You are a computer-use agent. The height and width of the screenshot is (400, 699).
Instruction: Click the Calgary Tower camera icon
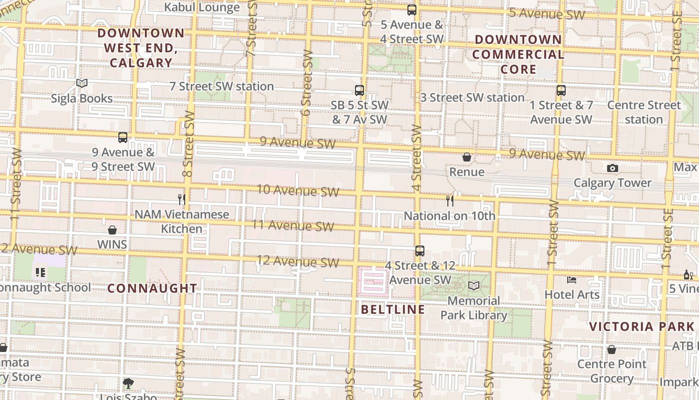[x=613, y=168]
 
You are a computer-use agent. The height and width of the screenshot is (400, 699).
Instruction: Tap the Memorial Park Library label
[x=473, y=307]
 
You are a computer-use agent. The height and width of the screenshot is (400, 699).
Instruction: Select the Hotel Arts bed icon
[x=572, y=280]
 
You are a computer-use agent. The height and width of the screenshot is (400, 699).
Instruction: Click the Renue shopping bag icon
[x=467, y=157]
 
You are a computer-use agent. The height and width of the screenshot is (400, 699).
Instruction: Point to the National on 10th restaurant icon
[x=450, y=201]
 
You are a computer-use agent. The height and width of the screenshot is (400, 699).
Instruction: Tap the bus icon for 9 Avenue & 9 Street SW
[x=123, y=137]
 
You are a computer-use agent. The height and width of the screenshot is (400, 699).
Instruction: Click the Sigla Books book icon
[x=82, y=83]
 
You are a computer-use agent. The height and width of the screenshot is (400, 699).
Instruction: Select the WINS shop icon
[x=112, y=229]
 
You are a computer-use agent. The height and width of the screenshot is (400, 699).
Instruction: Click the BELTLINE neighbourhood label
[x=393, y=309]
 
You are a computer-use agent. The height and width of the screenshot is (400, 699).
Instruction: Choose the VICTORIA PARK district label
[x=641, y=327]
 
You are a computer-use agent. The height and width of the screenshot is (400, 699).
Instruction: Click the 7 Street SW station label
[x=222, y=86]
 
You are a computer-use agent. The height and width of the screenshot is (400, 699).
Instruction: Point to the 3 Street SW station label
[x=472, y=97]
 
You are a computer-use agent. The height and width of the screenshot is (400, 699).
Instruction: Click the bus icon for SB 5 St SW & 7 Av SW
[x=359, y=90]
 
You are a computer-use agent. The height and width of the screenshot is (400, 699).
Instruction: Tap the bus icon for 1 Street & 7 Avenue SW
[x=561, y=90]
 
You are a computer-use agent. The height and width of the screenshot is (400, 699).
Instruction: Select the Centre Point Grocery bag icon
[x=612, y=349]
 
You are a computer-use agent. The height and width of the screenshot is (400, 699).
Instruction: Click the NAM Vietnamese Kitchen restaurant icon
[x=182, y=199]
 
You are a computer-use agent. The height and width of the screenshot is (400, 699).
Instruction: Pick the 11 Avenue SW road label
[x=293, y=225]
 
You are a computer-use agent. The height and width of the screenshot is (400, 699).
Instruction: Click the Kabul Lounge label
[x=202, y=7]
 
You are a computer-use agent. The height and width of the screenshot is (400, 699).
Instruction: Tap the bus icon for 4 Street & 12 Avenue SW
[x=420, y=251]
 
